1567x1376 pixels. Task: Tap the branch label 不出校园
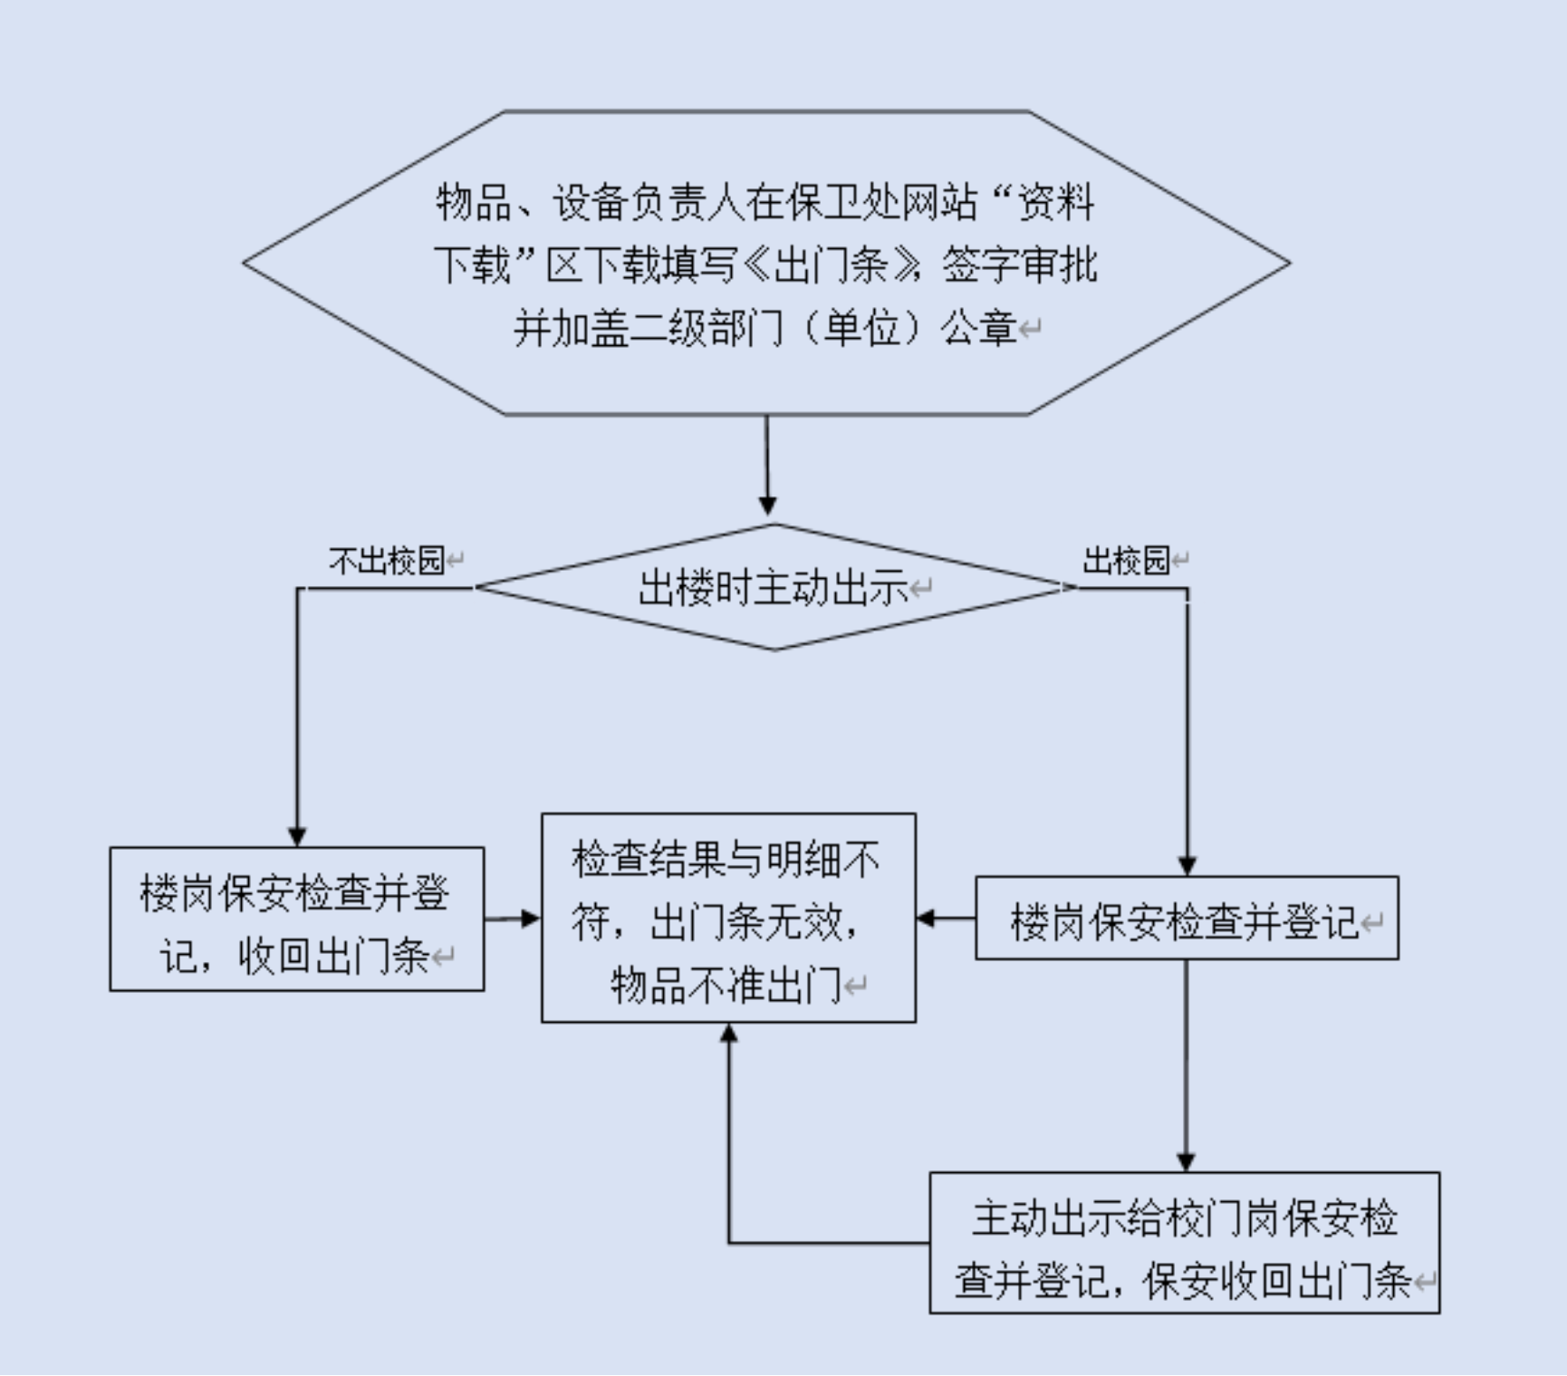coord(387,561)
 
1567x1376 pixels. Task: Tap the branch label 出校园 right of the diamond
coord(1126,561)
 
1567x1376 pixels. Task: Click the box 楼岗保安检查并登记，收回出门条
coord(296,919)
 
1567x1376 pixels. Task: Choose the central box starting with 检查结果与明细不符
coord(728,918)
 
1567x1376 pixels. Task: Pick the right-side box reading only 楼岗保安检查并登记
coord(1187,919)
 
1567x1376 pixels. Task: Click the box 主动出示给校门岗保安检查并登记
coord(1184,1243)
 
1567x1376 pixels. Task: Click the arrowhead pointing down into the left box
coord(297,836)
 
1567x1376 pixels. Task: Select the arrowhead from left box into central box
coord(530,919)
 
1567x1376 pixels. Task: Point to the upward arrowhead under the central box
coord(728,1034)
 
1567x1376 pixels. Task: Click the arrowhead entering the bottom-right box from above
coord(1186,1160)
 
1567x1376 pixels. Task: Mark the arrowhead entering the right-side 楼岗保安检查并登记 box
coord(1187,865)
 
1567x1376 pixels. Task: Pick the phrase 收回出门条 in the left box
coord(333,956)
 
